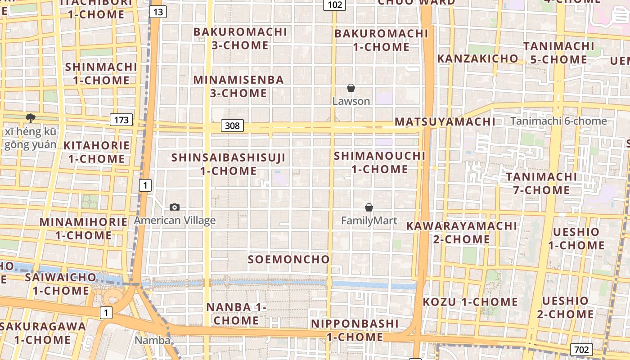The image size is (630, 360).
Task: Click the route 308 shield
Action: click(x=232, y=126)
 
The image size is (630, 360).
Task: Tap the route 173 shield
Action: click(x=121, y=120)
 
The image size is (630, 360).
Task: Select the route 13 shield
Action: click(x=157, y=12)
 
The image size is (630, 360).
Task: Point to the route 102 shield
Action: click(x=335, y=5)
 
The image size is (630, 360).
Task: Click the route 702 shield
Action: click(x=581, y=349)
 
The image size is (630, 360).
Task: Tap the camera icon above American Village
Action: click(x=175, y=207)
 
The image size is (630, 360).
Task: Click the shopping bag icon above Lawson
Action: click(x=351, y=88)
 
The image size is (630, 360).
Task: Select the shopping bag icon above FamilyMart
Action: click(x=369, y=207)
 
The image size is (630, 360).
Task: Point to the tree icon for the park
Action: click(x=31, y=118)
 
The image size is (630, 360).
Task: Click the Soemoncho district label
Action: click(x=289, y=259)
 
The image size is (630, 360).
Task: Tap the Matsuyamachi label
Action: click(x=445, y=121)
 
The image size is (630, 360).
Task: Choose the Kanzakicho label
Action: click(x=477, y=58)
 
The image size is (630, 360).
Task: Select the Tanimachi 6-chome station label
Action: click(x=558, y=121)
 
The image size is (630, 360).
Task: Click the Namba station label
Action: click(x=153, y=340)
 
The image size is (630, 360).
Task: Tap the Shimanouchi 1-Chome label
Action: click(x=379, y=162)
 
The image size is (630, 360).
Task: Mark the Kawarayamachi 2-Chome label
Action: click(x=462, y=232)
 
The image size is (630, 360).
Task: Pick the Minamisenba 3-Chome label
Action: click(x=238, y=86)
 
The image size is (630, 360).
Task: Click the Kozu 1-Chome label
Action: click(x=470, y=301)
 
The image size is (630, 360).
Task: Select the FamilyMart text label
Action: click(x=369, y=220)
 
